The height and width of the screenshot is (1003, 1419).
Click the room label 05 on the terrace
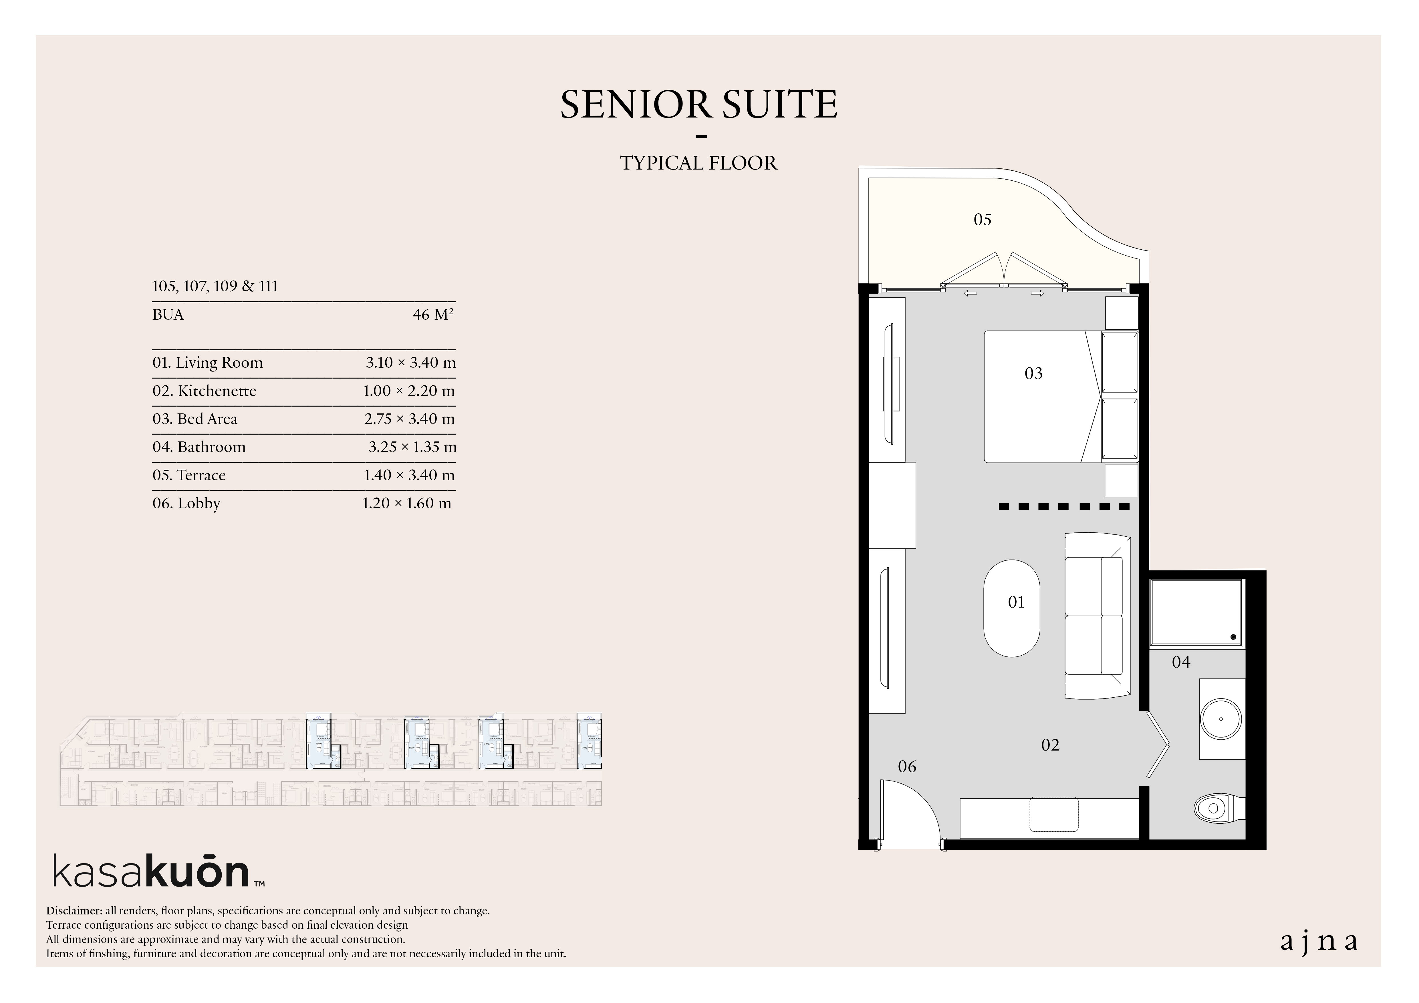point(983,219)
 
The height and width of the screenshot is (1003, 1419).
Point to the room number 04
point(1181,662)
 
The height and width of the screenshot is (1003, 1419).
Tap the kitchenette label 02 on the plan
point(1051,745)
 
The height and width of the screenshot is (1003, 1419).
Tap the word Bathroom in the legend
point(211,447)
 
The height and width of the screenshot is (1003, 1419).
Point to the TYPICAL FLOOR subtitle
point(699,163)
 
